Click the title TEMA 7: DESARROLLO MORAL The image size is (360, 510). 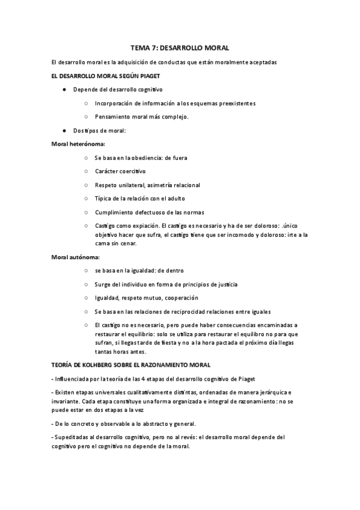coord(180,48)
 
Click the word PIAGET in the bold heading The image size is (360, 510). coord(146,76)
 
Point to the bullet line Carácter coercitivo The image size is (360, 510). coord(120,171)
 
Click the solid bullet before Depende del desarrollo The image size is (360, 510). coord(64,90)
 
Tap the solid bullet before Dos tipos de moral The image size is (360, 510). coord(64,131)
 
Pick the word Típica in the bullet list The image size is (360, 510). coord(103,198)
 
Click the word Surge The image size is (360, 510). coord(103,284)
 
